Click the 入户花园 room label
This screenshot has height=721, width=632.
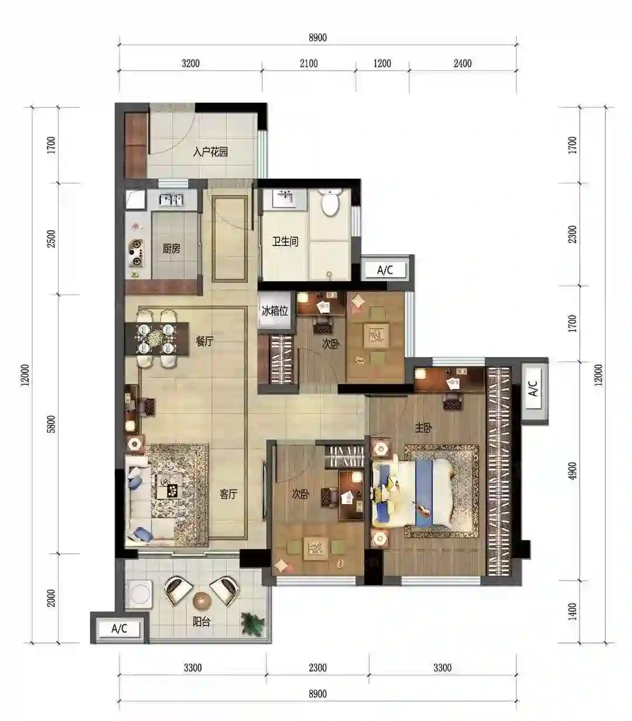(210, 152)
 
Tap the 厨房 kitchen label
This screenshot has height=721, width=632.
(172, 248)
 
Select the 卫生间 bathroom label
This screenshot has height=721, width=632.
(285, 242)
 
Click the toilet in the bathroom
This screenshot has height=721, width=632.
(330, 202)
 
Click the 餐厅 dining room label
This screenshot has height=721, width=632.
(204, 341)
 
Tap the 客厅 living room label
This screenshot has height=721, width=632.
(228, 494)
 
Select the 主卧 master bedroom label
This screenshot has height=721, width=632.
(423, 428)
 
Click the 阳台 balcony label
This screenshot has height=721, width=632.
(201, 621)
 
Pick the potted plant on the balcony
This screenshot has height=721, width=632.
(253, 623)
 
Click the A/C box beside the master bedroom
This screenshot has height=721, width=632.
(533, 389)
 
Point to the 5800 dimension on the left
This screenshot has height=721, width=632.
(52, 424)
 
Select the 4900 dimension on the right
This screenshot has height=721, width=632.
(573, 470)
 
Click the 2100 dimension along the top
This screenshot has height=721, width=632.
(309, 63)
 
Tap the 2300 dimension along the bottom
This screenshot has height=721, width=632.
(317, 668)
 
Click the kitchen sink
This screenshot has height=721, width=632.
(172, 200)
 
